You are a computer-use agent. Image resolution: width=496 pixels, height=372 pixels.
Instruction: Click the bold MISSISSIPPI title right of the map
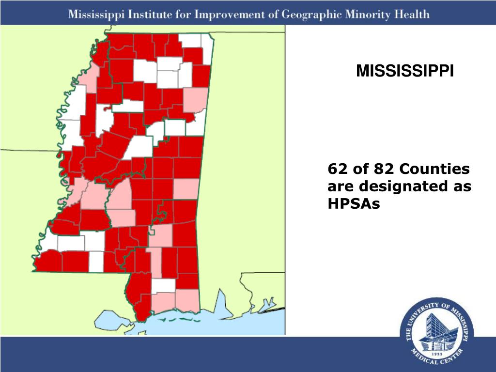(405, 72)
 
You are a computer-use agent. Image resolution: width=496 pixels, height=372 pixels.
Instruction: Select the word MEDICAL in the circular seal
(423, 358)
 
